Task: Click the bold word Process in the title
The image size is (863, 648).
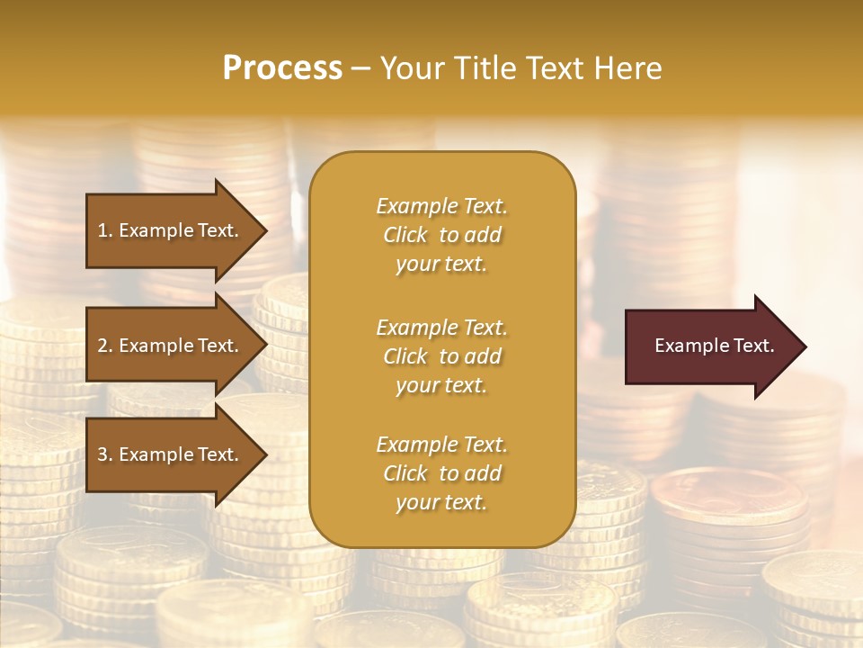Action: tap(282, 68)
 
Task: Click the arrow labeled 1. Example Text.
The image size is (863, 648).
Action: tap(171, 230)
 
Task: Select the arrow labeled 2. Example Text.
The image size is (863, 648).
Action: tap(171, 346)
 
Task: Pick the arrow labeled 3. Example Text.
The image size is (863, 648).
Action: tap(171, 454)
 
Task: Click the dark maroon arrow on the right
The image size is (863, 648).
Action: tap(710, 346)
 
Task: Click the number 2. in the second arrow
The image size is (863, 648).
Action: tap(105, 346)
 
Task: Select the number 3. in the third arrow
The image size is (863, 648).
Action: tap(105, 454)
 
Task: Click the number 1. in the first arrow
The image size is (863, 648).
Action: tap(105, 230)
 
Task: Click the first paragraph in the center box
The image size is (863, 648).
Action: tap(441, 235)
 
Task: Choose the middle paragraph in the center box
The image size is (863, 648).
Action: tap(441, 356)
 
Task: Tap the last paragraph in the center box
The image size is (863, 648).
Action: tap(441, 473)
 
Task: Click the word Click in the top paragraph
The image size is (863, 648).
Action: tap(405, 235)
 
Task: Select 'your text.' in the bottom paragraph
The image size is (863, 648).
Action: tap(441, 503)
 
